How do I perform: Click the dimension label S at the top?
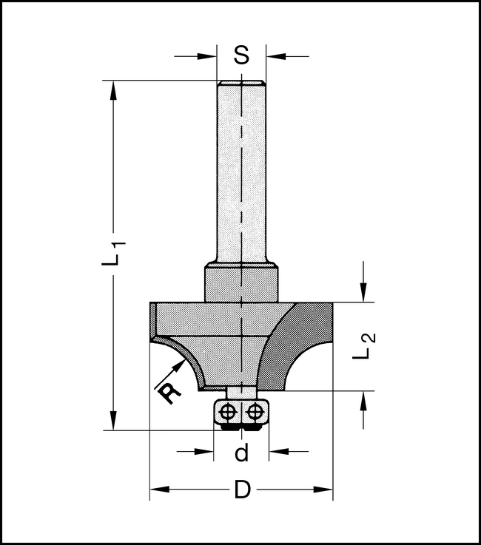[241, 55]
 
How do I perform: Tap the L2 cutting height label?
[365, 346]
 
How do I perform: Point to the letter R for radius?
[171, 391]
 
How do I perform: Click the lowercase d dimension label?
[241, 453]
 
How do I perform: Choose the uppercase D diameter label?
[242, 490]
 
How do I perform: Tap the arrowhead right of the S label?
[275, 55]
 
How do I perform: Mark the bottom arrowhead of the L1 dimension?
[114, 421]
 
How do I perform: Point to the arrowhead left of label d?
[205, 450]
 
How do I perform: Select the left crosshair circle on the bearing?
[229, 410]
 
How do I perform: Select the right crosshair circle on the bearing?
[255, 410]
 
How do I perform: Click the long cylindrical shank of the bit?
[241, 170]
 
